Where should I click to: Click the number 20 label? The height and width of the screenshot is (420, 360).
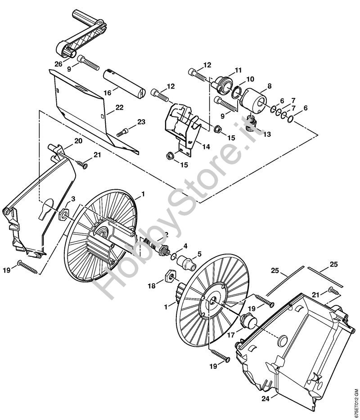(78, 141)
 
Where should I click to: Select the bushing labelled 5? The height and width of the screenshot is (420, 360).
(185, 261)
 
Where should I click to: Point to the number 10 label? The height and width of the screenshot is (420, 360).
(250, 79)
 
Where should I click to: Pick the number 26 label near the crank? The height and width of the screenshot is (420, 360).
(58, 64)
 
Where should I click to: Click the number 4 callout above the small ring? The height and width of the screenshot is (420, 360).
(185, 246)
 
